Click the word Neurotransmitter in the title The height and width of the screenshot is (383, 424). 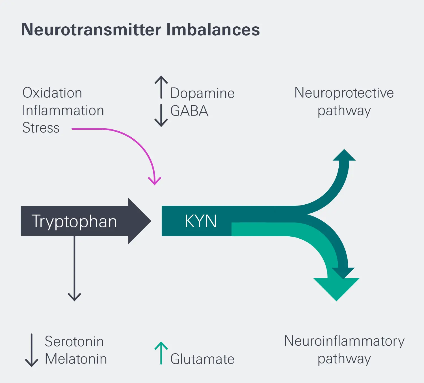(91, 30)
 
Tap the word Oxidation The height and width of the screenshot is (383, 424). (52, 93)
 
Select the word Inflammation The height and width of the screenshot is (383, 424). (63, 110)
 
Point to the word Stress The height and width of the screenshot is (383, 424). (41, 128)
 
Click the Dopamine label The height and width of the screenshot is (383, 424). (202, 93)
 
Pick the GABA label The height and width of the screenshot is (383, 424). (189, 111)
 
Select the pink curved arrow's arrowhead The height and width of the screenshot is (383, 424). (155, 181)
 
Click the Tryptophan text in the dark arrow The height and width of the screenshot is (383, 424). (74, 221)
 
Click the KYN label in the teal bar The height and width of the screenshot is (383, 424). (201, 221)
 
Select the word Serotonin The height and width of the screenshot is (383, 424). (74, 341)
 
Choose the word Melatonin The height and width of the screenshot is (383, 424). (76, 359)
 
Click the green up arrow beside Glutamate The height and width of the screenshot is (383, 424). (161, 353)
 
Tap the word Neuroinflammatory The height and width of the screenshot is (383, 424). (344, 341)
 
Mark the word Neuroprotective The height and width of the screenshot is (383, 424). (344, 93)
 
